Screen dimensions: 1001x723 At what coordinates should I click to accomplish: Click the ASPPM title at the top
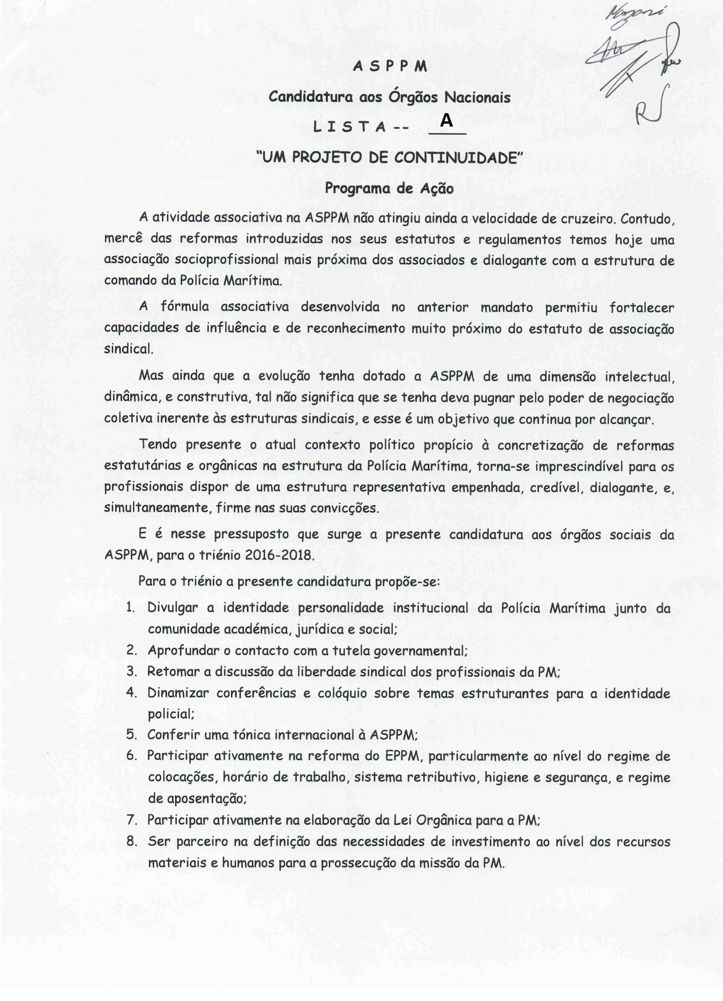pos(390,66)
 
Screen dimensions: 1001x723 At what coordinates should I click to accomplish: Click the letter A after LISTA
pos(446,121)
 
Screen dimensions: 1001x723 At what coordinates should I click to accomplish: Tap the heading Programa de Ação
pos(389,188)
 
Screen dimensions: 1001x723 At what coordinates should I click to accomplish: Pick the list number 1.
pos(131,608)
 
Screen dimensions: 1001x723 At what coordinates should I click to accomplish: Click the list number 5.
pos(131,735)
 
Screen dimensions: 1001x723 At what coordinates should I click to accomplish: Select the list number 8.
pos(131,841)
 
